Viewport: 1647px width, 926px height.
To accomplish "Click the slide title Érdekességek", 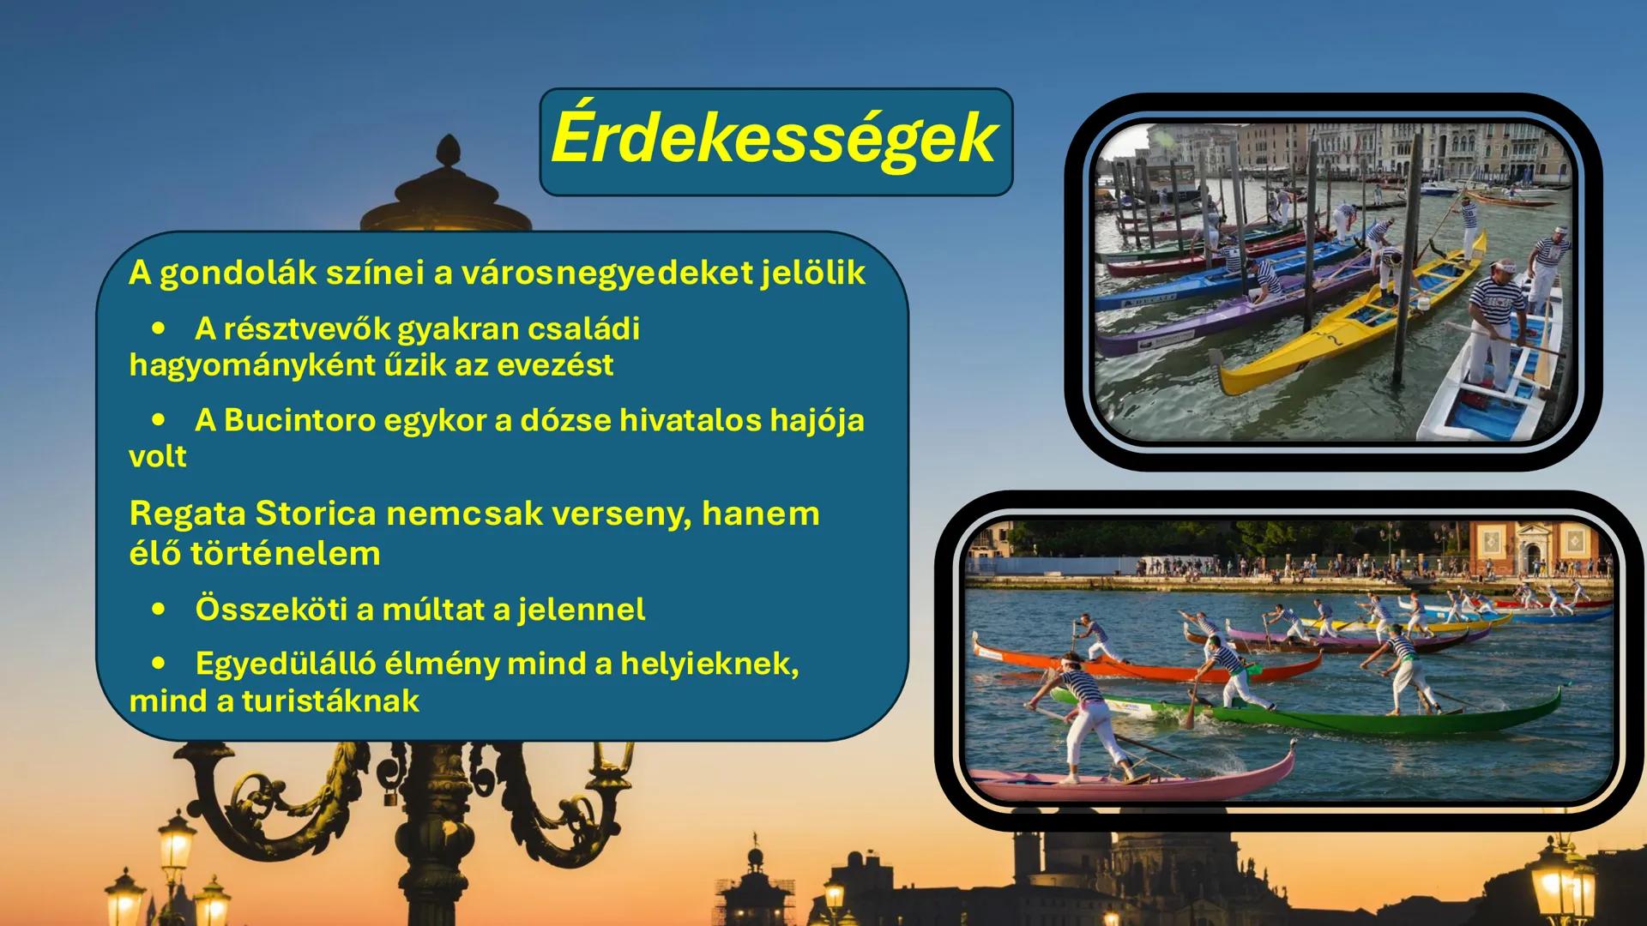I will tap(775, 140).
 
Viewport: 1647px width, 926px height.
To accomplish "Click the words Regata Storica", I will tap(252, 514).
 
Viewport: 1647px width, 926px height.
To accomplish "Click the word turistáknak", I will tap(330, 701).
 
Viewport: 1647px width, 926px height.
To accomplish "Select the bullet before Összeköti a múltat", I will tap(159, 610).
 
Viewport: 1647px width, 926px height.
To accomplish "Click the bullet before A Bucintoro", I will tap(159, 420).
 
